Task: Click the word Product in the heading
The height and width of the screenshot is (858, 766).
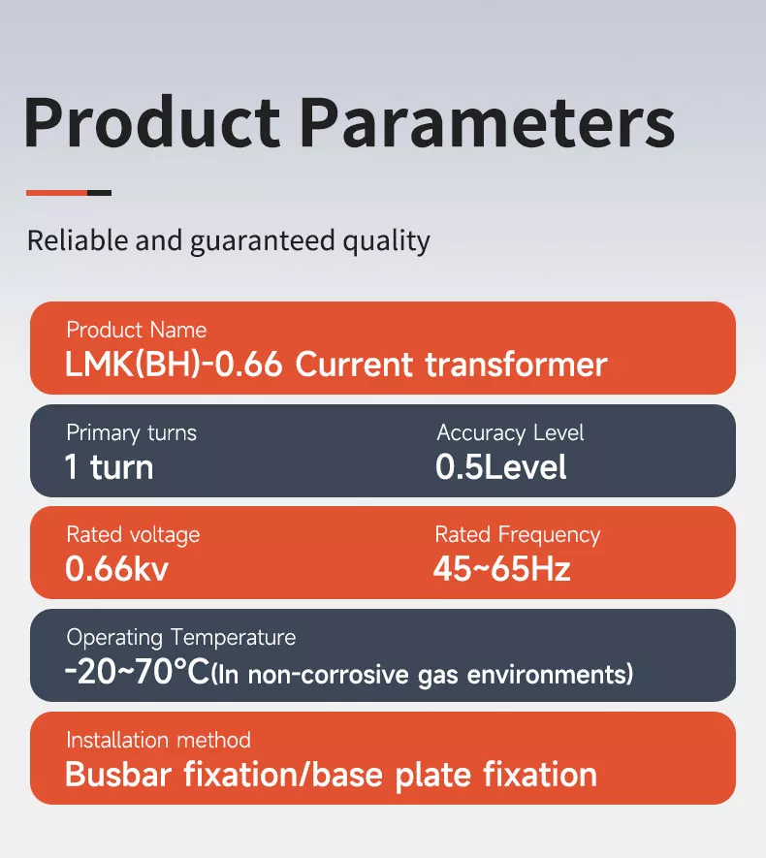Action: point(151,122)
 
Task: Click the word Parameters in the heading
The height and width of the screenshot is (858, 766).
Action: point(487,122)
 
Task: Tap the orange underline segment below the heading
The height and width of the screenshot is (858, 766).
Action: point(56,193)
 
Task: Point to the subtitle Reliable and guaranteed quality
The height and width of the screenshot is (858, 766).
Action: point(228,240)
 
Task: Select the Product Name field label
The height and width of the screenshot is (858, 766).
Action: point(136,330)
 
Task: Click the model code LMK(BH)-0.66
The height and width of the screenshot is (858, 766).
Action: point(175,365)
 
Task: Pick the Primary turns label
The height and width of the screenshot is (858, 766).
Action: point(131,433)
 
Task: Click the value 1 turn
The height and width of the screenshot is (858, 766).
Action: point(109,468)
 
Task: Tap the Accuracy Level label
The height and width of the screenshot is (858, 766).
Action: point(510,433)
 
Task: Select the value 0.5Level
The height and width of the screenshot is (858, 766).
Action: point(500,468)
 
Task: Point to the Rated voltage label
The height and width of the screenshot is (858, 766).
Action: point(133,534)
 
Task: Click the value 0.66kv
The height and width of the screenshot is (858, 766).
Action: point(116,569)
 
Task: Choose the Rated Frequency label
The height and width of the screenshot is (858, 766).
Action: point(517,534)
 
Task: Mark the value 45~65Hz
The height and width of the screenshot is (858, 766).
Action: point(501,569)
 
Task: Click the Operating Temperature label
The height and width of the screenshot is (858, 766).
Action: point(180,637)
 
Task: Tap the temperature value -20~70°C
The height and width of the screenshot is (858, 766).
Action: point(137,671)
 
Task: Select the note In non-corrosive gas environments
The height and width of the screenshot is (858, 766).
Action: point(423,674)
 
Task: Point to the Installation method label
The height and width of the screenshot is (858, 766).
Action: point(158,740)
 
